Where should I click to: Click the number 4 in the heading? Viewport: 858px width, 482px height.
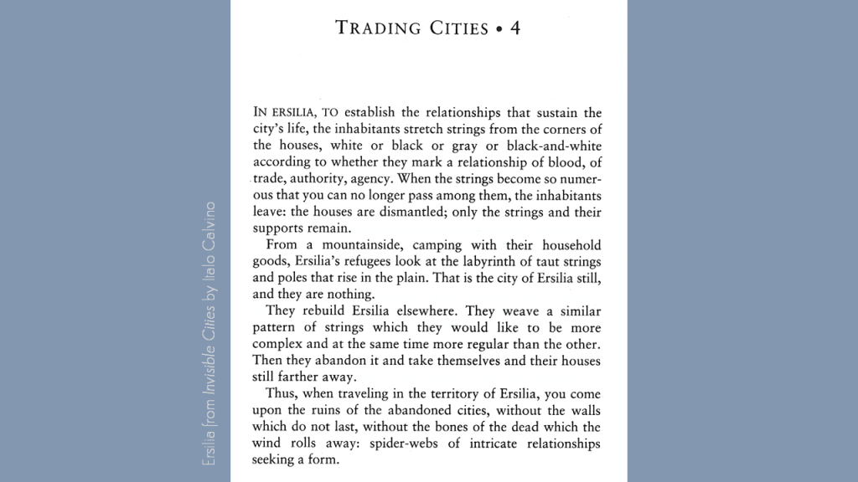[514, 28]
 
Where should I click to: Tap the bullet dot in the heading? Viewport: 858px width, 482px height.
[499, 28]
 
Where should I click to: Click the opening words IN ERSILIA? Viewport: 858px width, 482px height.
[282, 112]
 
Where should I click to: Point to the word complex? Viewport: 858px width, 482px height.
[277, 344]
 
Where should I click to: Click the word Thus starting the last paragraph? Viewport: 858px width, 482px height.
[279, 394]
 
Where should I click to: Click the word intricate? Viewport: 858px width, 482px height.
[501, 444]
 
